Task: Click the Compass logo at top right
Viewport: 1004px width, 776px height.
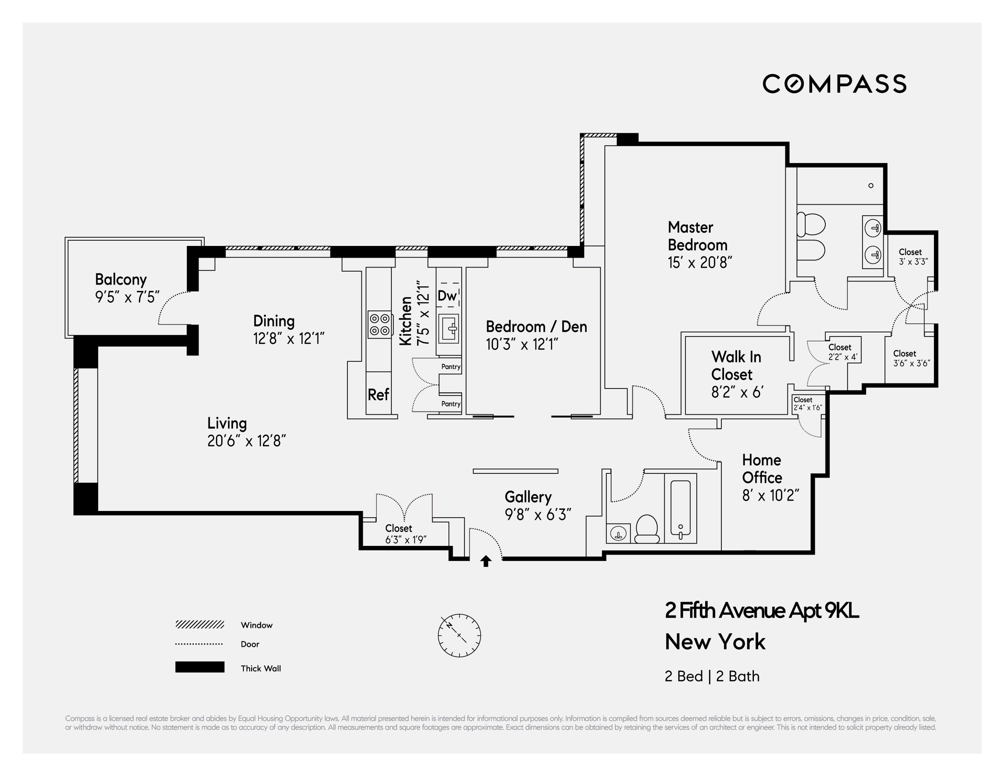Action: pos(835,84)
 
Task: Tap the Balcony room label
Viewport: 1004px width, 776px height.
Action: pos(120,280)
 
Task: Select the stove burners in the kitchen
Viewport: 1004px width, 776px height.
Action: pos(380,324)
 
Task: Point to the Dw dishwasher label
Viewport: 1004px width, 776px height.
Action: pos(447,296)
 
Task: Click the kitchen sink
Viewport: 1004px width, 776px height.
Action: pos(449,328)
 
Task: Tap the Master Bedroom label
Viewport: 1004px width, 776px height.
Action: pos(697,236)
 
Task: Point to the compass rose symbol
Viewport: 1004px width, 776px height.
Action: pos(459,635)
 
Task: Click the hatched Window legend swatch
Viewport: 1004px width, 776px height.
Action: pos(199,624)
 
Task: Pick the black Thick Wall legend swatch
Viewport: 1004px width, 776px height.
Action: pos(199,667)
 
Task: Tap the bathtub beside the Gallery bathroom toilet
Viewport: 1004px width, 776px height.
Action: pos(681,509)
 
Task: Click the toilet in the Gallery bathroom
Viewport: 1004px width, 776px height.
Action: pos(647,529)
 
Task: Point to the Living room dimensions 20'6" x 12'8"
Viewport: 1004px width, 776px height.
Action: pos(246,441)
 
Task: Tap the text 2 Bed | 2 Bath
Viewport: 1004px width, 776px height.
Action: pos(712,676)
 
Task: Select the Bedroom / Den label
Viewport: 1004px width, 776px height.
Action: pos(536,327)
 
